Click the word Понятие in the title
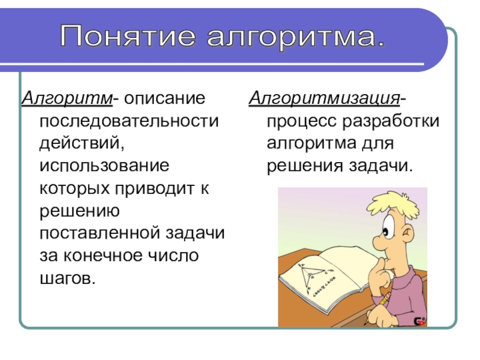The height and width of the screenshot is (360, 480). point(128,36)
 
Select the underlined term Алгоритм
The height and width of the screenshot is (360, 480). point(67,98)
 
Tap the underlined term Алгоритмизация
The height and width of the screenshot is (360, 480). point(324,98)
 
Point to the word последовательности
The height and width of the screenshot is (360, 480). point(129,121)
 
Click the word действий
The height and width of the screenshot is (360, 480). point(82,143)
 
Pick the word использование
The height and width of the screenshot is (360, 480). point(104,166)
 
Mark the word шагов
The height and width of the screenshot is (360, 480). point(68,278)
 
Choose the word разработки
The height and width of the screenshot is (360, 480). point(391,122)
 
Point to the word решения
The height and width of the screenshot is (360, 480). point(305,167)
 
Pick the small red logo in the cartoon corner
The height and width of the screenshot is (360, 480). point(419,321)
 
